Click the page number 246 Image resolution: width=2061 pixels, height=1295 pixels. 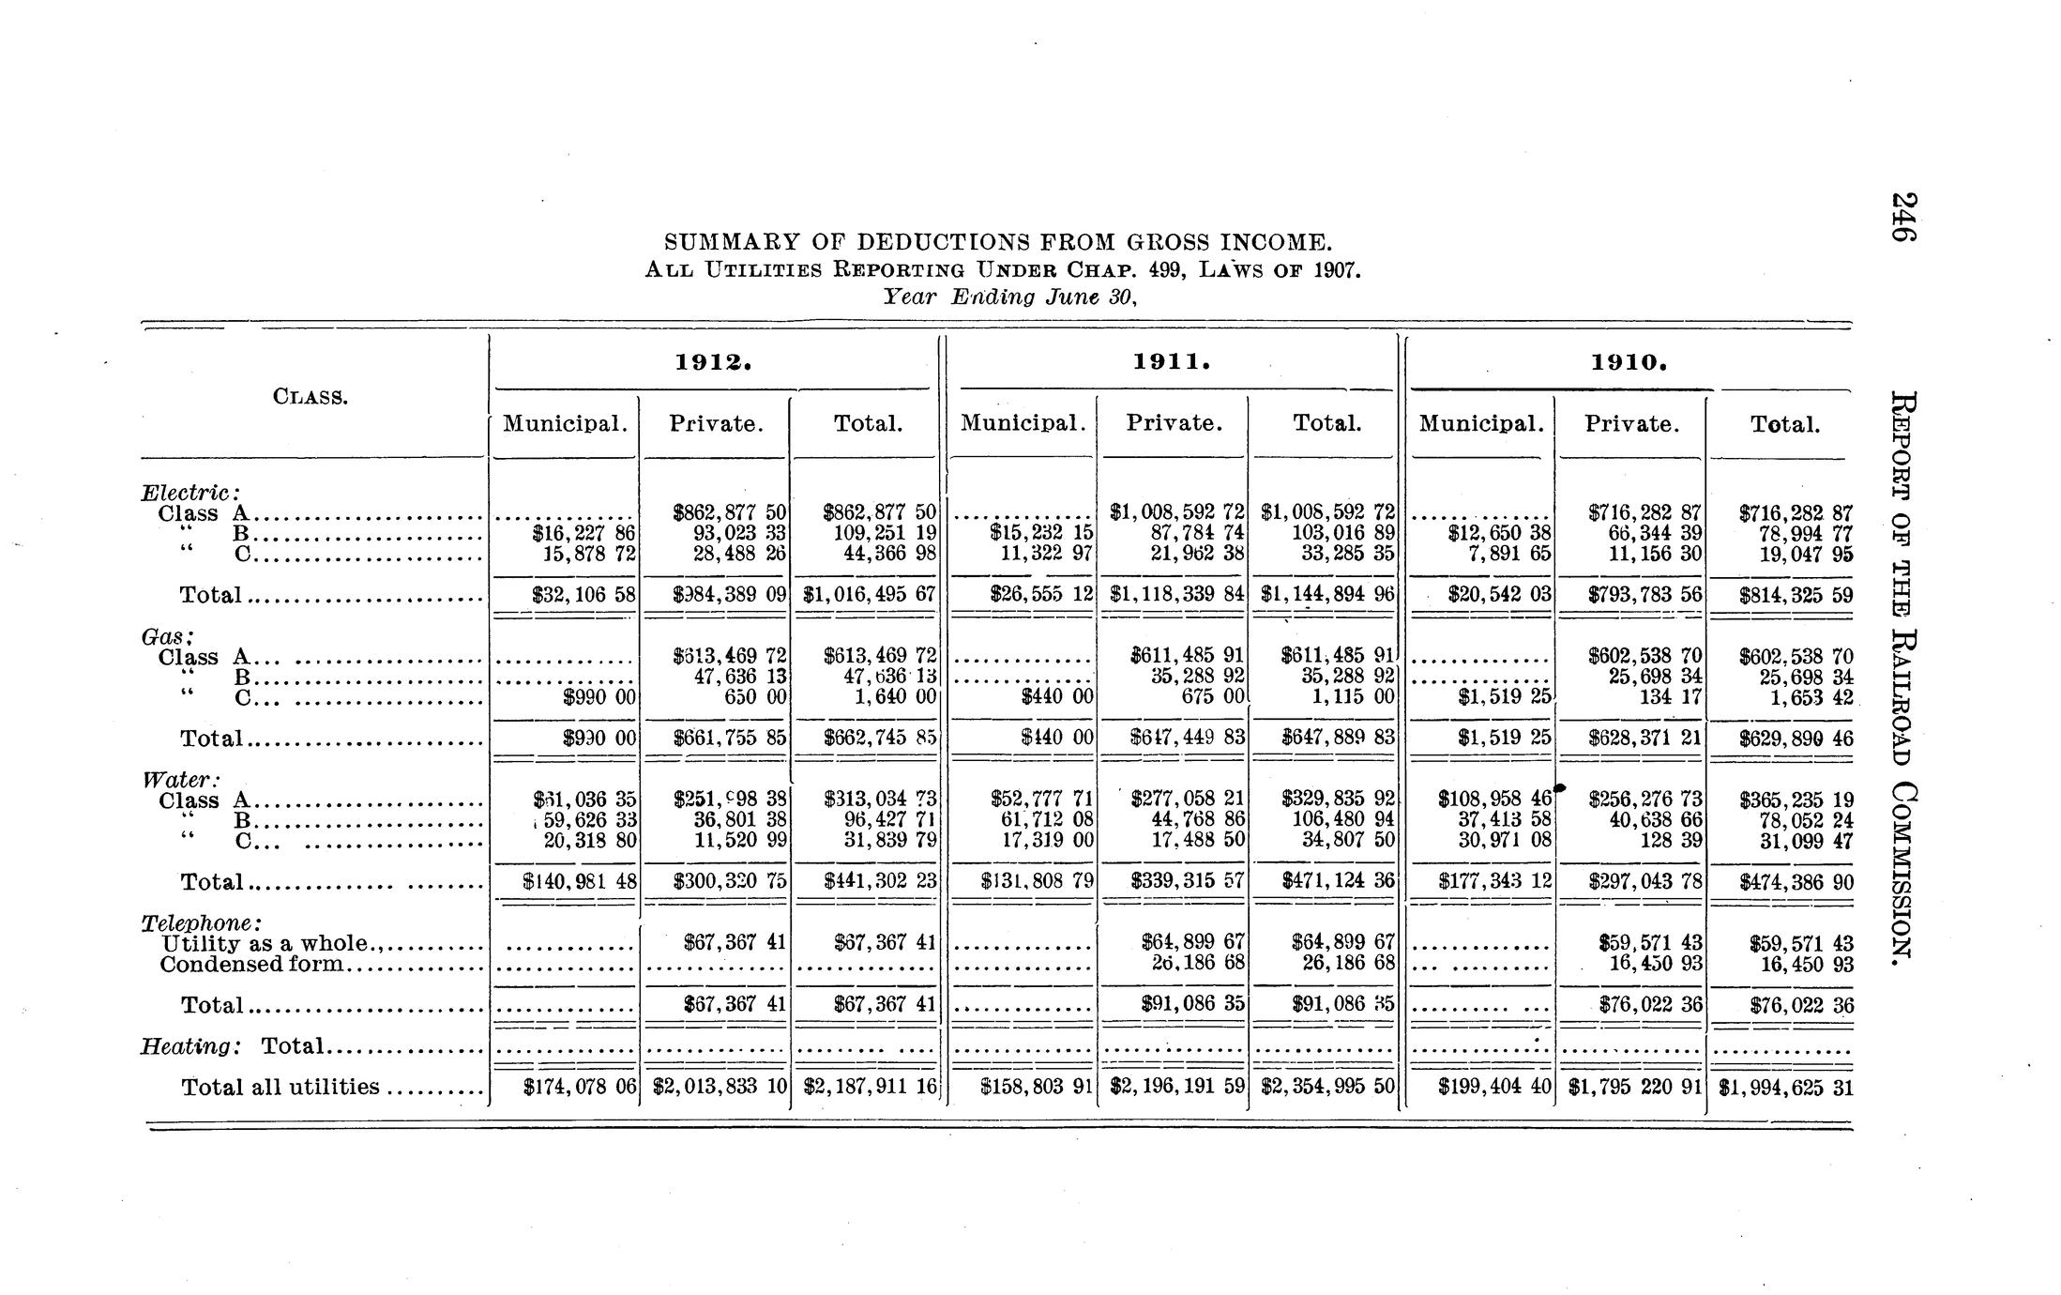(1902, 217)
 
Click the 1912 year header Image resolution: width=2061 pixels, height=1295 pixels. (714, 362)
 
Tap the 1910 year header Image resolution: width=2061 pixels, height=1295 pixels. (1629, 362)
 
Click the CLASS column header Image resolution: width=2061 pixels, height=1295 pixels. (310, 396)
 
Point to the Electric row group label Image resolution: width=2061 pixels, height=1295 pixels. (190, 492)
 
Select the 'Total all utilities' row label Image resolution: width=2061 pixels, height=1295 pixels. (280, 1087)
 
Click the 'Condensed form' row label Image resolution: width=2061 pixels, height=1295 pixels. (252, 964)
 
